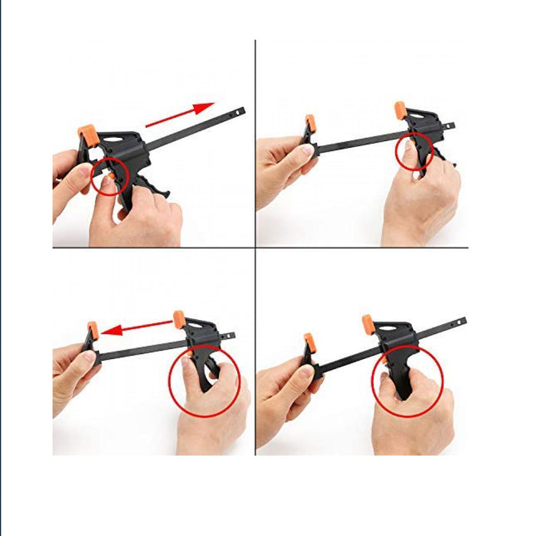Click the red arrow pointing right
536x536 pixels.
(x=179, y=114)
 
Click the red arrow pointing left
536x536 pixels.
(x=138, y=328)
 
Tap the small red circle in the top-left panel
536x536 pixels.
(x=109, y=175)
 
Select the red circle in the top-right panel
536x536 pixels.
(x=414, y=150)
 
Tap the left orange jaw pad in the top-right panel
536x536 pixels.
(x=310, y=123)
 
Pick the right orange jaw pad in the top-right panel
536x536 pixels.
(x=400, y=110)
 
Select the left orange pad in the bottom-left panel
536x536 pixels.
(x=93, y=332)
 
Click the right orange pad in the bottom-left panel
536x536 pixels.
(x=179, y=316)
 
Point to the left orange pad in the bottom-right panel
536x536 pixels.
(x=309, y=342)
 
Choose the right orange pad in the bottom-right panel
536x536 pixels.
(x=368, y=324)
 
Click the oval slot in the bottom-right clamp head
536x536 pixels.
(x=394, y=331)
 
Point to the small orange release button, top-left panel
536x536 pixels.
(x=112, y=175)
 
